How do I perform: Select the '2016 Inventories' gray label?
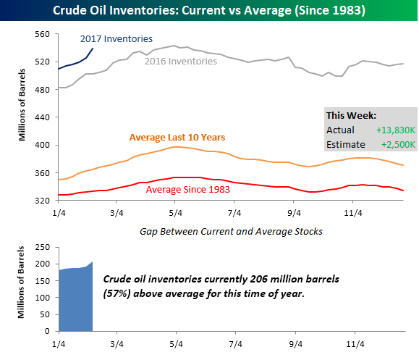[x=180, y=62]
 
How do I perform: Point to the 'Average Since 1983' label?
[x=188, y=190]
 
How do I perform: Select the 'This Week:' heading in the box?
[x=350, y=115]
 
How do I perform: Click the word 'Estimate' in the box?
[x=346, y=145]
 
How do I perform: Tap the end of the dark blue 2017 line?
[x=93, y=48]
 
